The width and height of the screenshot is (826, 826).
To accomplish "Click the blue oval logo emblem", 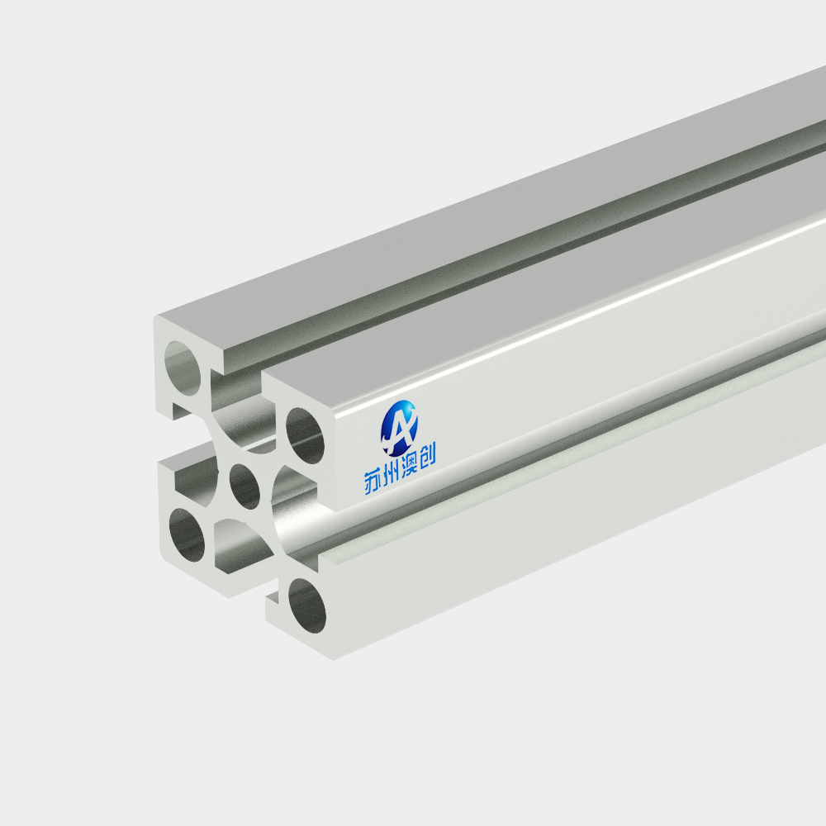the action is click(399, 428).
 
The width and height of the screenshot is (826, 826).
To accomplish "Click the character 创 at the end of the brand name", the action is click(427, 459).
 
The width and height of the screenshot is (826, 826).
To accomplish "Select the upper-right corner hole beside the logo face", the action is click(305, 435).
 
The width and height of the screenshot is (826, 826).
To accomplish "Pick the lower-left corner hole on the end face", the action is click(187, 534).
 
